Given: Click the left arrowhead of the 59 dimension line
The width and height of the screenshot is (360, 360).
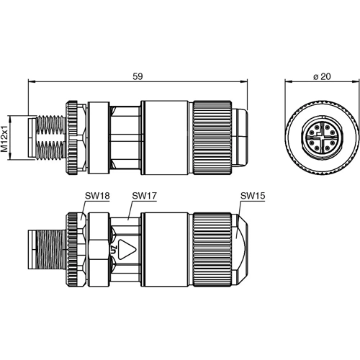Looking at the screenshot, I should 31,82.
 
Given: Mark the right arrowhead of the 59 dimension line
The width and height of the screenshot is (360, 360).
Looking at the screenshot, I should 246,82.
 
